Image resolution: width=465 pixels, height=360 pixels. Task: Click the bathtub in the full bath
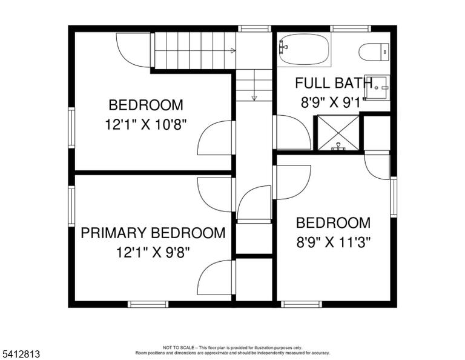(304, 49)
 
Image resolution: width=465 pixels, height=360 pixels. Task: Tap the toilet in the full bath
(374, 52)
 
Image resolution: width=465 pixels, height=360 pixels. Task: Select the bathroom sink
(377, 87)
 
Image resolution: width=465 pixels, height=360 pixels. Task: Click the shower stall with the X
(338, 132)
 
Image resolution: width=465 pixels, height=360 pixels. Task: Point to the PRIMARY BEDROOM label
(153, 233)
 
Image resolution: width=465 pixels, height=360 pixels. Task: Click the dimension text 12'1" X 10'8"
(146, 124)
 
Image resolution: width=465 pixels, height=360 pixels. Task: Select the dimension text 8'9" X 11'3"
(334, 242)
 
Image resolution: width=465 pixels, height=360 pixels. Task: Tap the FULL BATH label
(334, 83)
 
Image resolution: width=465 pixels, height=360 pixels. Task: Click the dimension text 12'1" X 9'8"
(153, 253)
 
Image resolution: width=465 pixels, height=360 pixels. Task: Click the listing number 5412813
(21, 354)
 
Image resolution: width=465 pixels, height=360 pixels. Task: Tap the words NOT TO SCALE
(178, 347)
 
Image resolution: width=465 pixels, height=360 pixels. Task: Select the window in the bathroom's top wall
(351, 28)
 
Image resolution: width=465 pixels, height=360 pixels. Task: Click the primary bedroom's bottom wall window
(148, 304)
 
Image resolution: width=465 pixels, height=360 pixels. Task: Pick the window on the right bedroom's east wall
(394, 197)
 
